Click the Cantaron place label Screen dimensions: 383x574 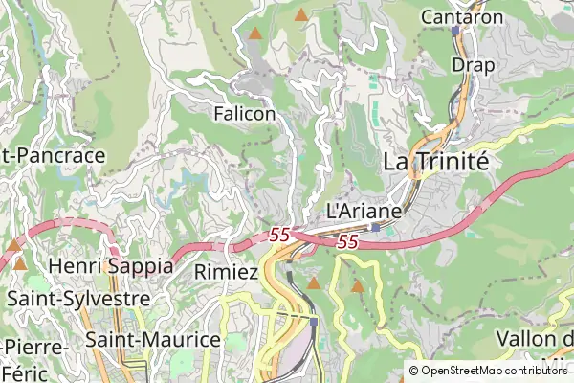[462, 16]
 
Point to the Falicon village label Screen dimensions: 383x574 [245, 114]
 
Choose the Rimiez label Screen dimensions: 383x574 [226, 272]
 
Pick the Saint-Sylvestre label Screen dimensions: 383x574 [78, 298]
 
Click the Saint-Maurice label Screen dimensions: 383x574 [153, 339]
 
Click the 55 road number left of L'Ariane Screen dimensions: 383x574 [279, 234]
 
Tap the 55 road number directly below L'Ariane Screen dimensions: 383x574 [347, 243]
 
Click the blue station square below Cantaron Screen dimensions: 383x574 [456, 31]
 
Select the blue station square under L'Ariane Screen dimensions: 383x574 [376, 227]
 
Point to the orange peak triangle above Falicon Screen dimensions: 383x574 [254, 34]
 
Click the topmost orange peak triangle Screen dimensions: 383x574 [302, 14]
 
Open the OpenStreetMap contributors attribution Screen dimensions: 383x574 [494, 371]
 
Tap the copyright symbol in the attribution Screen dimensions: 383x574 [414, 371]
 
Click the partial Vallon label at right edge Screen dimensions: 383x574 [536, 340]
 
